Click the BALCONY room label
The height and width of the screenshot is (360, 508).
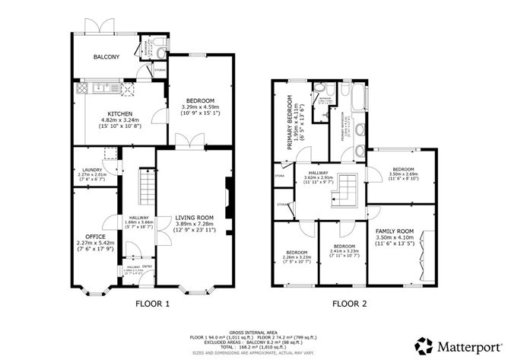click(x=106, y=57)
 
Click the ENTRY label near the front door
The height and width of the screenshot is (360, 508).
click(x=148, y=266)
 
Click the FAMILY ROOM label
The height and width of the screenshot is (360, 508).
click(x=394, y=231)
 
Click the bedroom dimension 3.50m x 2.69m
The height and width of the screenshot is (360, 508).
click(x=403, y=174)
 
